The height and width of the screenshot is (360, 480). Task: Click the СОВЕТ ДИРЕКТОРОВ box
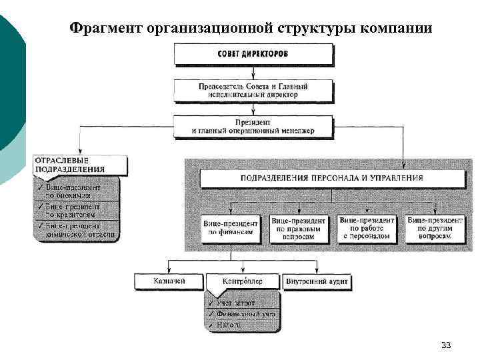coord(253,53)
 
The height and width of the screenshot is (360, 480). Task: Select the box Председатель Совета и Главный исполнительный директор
coord(253,91)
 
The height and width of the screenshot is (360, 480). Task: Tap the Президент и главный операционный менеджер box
coord(253,126)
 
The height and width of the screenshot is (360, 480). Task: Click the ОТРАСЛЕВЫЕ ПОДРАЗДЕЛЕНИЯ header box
coord(79,165)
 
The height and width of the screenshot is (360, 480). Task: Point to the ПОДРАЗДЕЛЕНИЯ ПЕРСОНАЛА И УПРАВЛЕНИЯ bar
coord(331,178)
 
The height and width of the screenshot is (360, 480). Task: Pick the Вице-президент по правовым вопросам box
coord(298,229)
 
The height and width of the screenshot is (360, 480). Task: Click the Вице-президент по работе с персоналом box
coord(367,229)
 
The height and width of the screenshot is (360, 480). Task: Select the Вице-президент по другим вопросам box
coord(435,229)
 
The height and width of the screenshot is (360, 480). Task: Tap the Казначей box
coord(170,281)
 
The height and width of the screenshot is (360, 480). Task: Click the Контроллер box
coord(243,281)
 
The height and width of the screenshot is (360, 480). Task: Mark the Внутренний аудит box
coord(317,281)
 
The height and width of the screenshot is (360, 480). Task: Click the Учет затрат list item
coord(237,303)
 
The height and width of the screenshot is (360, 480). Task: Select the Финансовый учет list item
coord(243,314)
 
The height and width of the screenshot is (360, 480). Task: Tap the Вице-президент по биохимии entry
coord(77,191)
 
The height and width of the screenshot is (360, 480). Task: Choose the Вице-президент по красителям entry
coord(77,211)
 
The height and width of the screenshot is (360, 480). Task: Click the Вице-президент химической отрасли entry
coord(77,230)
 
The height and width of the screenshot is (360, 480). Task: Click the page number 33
coord(446,345)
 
